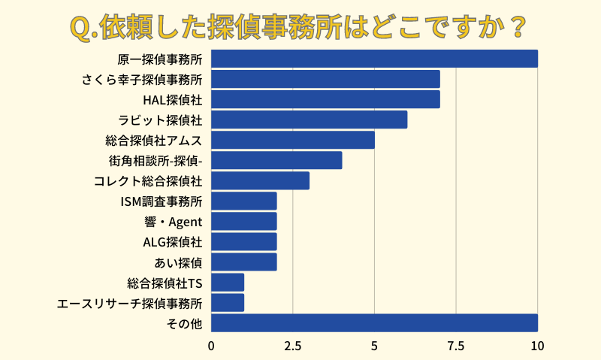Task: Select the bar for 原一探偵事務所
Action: pos(374,59)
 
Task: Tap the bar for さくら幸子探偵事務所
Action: pos(325,79)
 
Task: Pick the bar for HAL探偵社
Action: pos(325,99)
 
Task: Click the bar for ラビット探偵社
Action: pos(309,119)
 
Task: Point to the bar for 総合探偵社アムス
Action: pos(292,140)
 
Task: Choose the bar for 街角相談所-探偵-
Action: pos(276,160)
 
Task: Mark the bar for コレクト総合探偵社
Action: pos(260,180)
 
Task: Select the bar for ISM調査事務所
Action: pos(243,201)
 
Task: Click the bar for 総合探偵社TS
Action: pos(228,282)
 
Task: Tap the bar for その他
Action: pos(374,322)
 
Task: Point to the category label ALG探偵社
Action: pos(173,242)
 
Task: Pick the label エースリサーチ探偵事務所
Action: pos(129,303)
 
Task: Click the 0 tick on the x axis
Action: pos(211,346)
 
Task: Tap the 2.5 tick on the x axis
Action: pos(293,346)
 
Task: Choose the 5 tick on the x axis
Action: pos(374,346)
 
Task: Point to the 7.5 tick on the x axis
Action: pos(456,346)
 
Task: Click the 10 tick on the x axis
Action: pos(537,346)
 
